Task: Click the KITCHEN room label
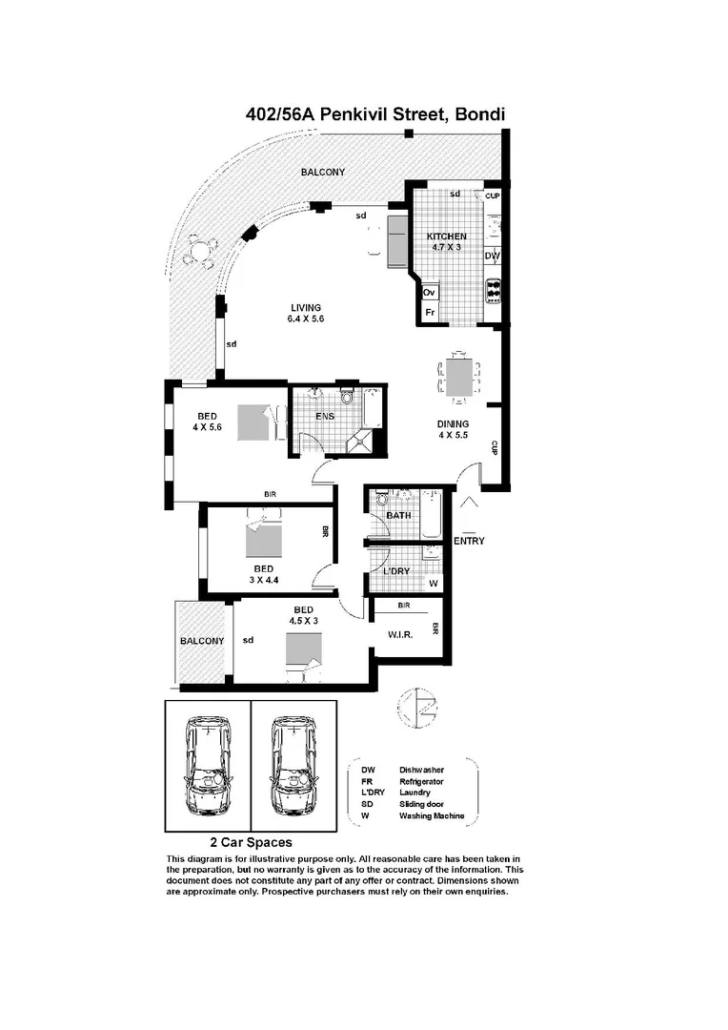[x=446, y=237]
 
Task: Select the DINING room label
[x=453, y=424]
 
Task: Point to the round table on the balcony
[x=198, y=253]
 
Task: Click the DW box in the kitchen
[x=492, y=257]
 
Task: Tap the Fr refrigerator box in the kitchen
[x=429, y=312]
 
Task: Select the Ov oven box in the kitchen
[x=429, y=292]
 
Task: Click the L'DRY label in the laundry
[x=396, y=571]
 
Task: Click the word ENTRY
[x=469, y=541]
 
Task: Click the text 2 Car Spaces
[x=251, y=843]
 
